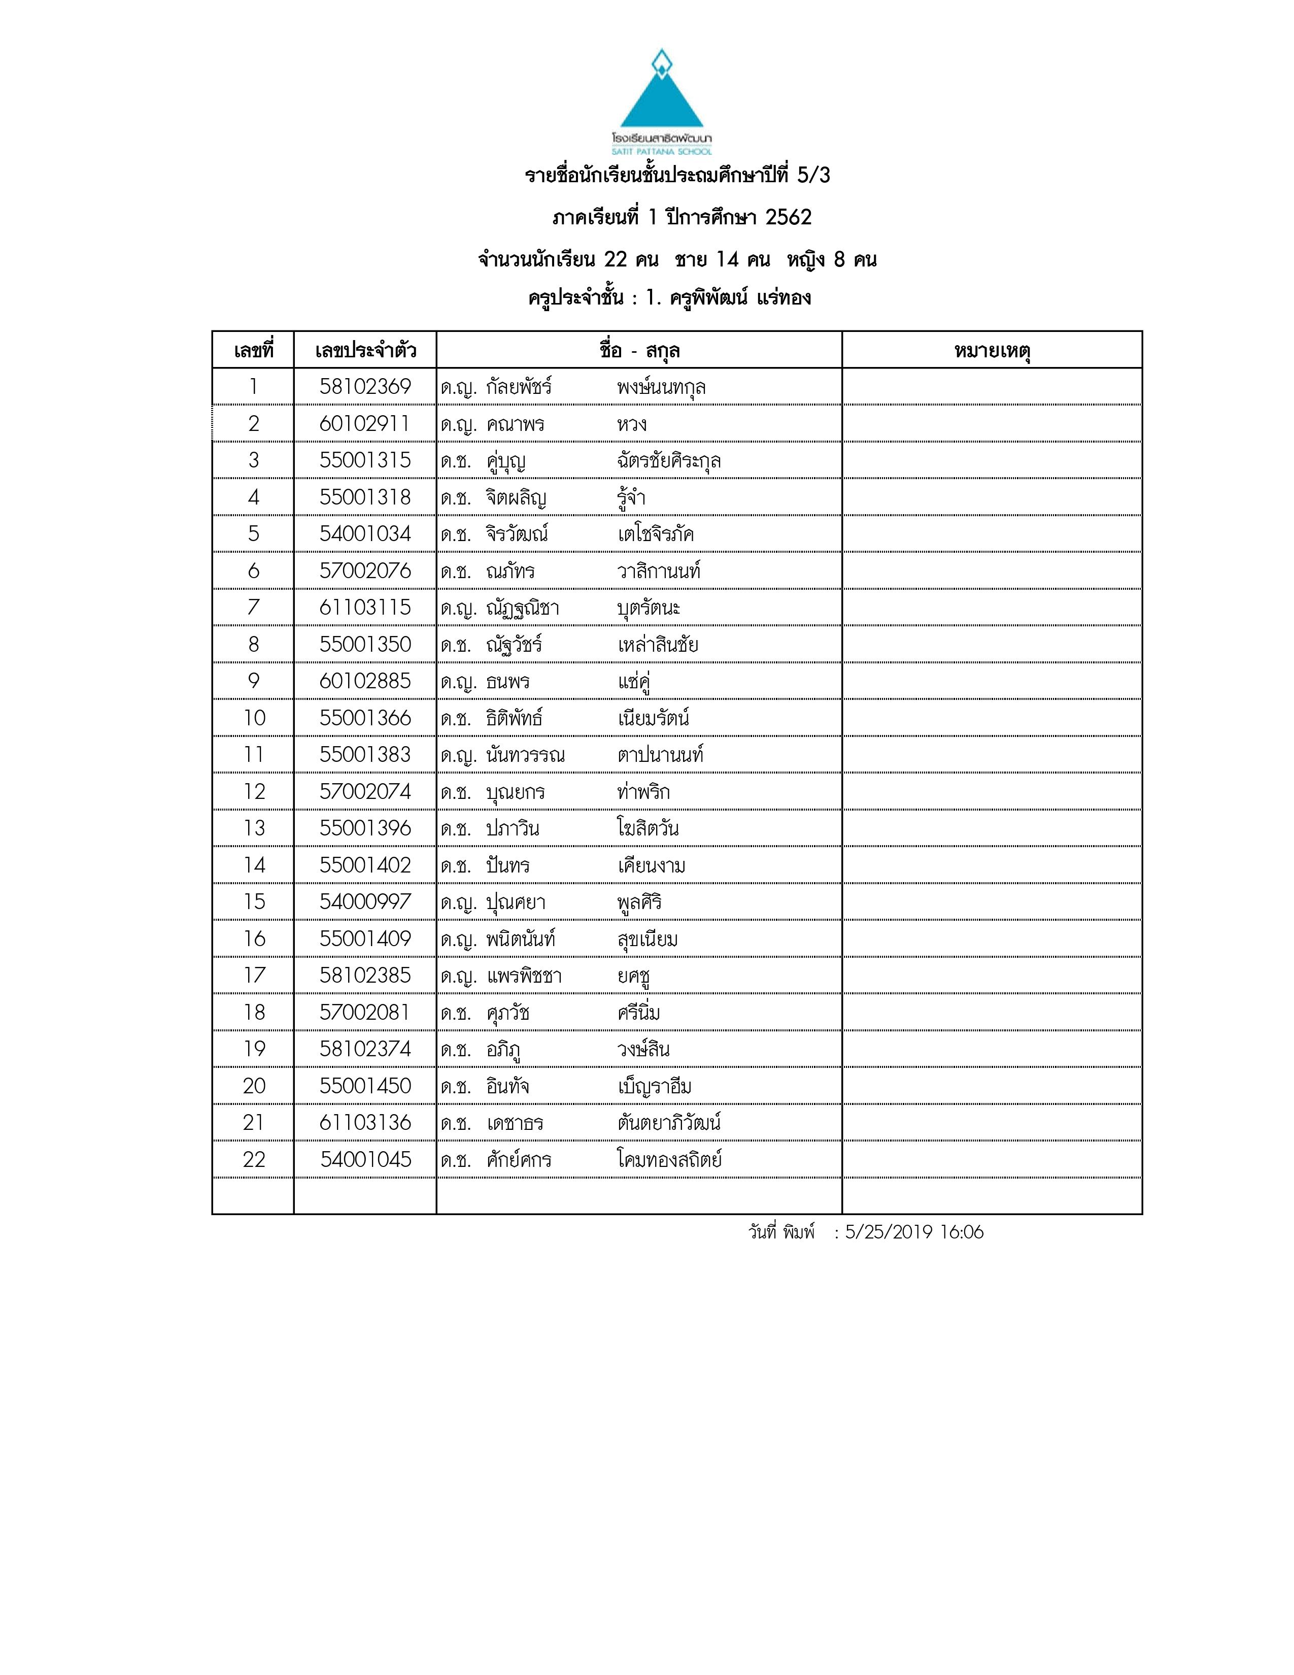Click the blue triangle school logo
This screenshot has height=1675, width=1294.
click(x=661, y=96)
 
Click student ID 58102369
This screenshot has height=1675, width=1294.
click(x=365, y=387)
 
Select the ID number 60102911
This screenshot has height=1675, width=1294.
click(x=365, y=423)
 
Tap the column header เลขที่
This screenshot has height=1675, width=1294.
click(x=254, y=351)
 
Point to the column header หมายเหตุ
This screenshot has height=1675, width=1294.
click(x=992, y=351)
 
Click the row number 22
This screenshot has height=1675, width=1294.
click(x=254, y=1160)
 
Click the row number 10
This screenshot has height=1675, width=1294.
click(x=254, y=718)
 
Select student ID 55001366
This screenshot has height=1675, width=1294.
click(x=365, y=718)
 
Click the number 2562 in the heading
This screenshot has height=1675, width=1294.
click(x=788, y=218)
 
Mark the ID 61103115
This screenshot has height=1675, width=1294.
click(x=365, y=608)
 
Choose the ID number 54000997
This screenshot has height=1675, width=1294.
click(x=365, y=902)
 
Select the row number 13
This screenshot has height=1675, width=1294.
click(x=254, y=828)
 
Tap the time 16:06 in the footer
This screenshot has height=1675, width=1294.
click(x=961, y=1232)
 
